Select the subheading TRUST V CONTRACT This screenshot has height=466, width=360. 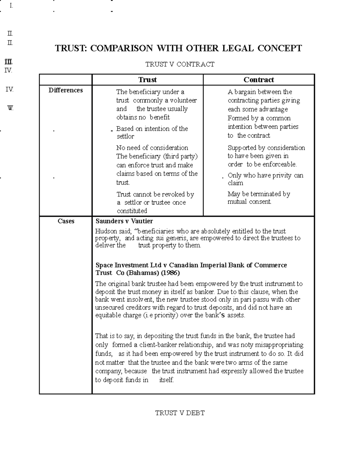pos(180,64)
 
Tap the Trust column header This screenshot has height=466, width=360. pos(147,80)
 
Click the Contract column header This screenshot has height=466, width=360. pos(259,80)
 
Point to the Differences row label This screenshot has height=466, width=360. pos(66,90)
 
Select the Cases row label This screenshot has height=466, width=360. pos(66,221)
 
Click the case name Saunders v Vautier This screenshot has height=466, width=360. pos(124,221)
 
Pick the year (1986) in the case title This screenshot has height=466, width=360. pos(170,273)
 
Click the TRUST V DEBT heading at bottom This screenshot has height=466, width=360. pos(180,413)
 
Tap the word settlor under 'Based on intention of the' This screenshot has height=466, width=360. pos(125,137)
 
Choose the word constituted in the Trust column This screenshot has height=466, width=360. pos(132,211)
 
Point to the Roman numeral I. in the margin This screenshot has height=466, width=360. pos(11,5)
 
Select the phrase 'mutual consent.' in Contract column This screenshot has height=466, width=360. pos(249,202)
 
